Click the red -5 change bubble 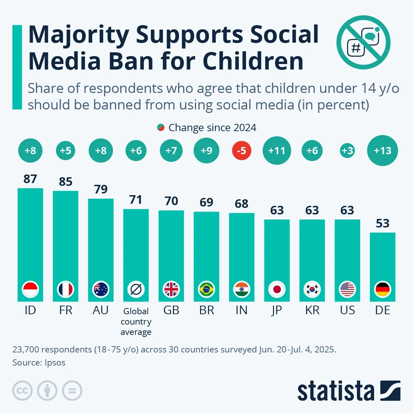pyautogui.click(x=242, y=151)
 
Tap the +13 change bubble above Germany pyautogui.click(x=382, y=151)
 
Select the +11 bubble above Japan pyautogui.click(x=277, y=151)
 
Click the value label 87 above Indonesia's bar pyautogui.click(x=30, y=179)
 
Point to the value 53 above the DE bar pyautogui.click(x=382, y=223)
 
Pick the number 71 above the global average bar pyautogui.click(x=136, y=200)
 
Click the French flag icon pyautogui.click(x=65, y=289)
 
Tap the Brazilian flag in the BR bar pyautogui.click(x=206, y=289)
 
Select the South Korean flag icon pyautogui.click(x=312, y=289)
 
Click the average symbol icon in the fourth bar pyautogui.click(x=136, y=289)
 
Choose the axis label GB pyautogui.click(x=171, y=310)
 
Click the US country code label pyautogui.click(x=347, y=310)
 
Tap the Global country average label pyautogui.click(x=136, y=321)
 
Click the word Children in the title pyautogui.click(x=253, y=61)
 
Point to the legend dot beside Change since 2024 pyautogui.click(x=160, y=128)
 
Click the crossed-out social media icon pyautogui.click(x=363, y=43)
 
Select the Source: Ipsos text pyautogui.click(x=39, y=362)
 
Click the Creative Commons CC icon pyautogui.click(x=22, y=391)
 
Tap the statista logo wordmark pyautogui.click(x=336, y=391)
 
